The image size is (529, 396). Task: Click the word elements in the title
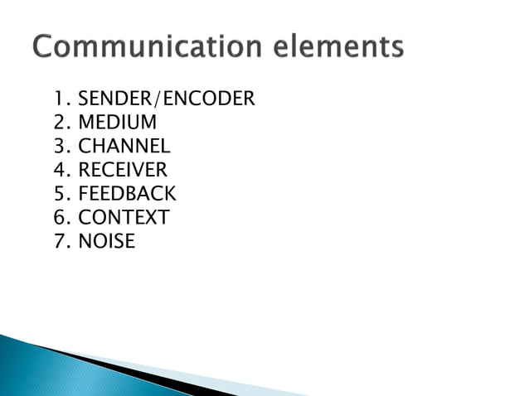coord(346,47)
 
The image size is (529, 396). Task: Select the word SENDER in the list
coord(111,100)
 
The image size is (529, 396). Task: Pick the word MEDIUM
coord(117,123)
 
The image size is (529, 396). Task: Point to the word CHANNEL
coord(124,147)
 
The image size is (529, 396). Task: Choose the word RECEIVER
coord(123,171)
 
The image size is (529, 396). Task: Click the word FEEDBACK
coord(127,195)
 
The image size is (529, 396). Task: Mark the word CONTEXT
coord(124,219)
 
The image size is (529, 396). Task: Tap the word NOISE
coord(106,242)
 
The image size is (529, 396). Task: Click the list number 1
coord(58,100)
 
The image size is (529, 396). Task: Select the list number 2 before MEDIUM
coord(59,123)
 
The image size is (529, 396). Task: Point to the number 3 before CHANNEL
coord(59,147)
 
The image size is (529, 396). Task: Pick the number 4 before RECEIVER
coord(59,171)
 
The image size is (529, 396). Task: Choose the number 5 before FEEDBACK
coord(59,195)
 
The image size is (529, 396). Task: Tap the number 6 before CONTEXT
coord(59,219)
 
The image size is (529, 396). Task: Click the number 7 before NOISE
coord(59,242)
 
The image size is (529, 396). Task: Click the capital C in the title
coord(45,47)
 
